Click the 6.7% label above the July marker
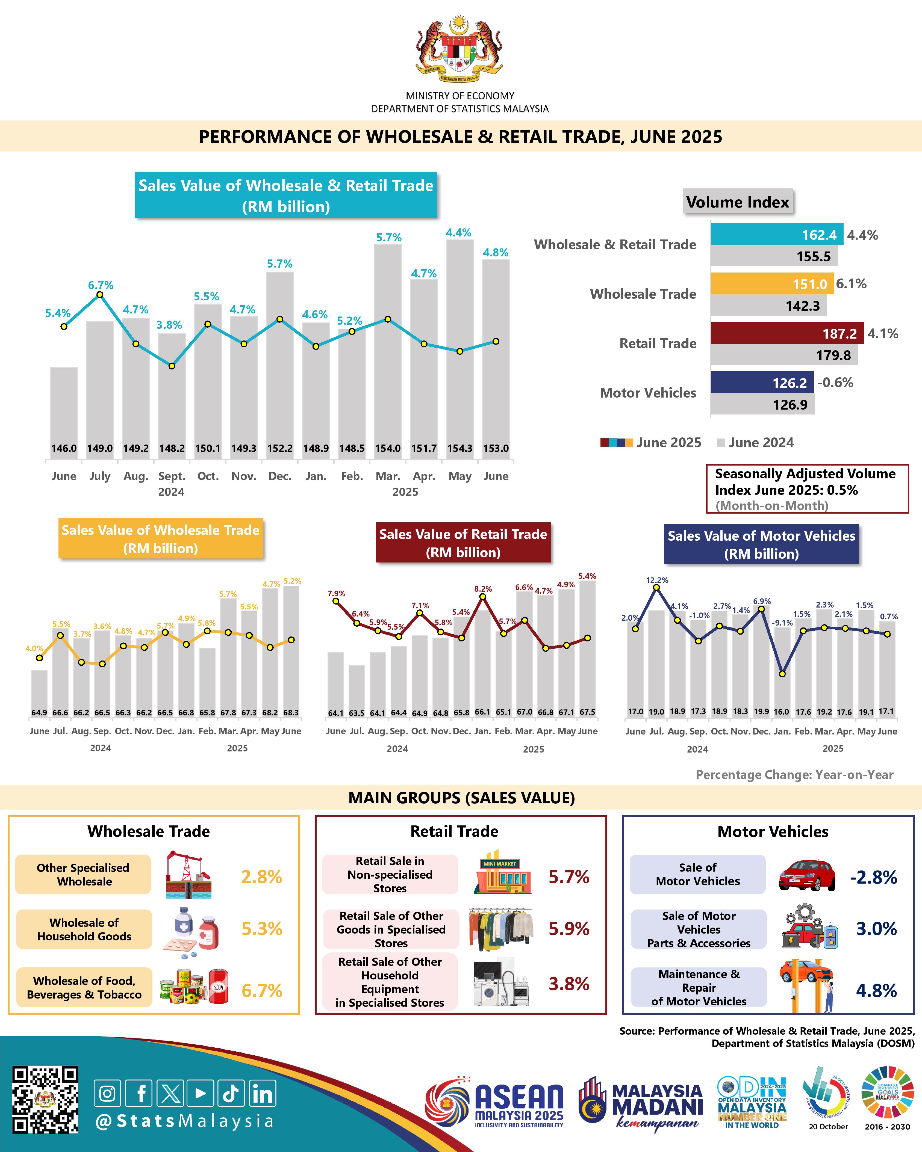(x=101, y=285)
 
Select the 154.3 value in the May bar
(x=460, y=448)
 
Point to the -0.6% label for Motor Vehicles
(x=835, y=383)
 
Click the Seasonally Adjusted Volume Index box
(x=807, y=489)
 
